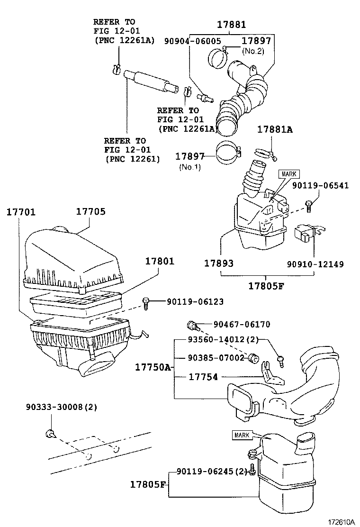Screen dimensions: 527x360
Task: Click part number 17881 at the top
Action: (232, 25)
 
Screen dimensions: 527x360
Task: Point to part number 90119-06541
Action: (320, 186)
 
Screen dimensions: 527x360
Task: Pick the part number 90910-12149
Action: (315, 263)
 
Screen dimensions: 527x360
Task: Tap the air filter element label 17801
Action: (160, 261)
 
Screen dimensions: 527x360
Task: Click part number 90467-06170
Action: (242, 325)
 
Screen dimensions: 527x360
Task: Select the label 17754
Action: (203, 377)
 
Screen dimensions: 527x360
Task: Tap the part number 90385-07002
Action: (216, 357)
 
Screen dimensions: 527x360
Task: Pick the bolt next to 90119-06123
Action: (146, 303)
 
